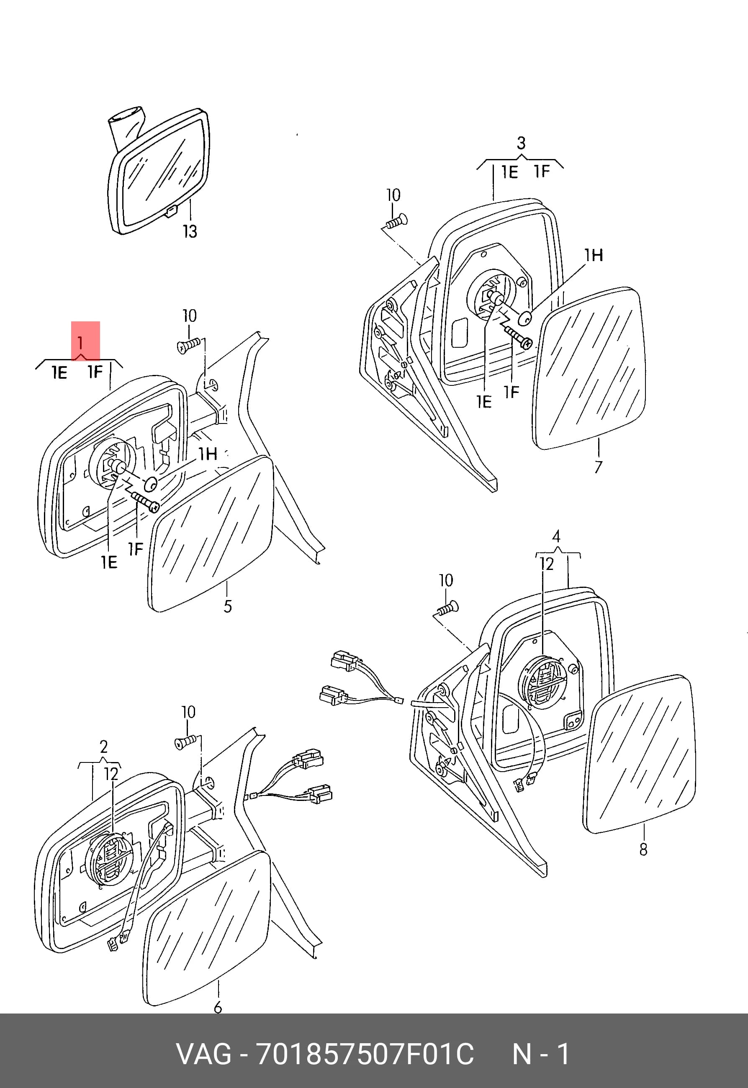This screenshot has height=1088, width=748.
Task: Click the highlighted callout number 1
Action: click(x=81, y=344)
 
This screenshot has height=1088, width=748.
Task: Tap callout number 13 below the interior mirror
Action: click(x=190, y=231)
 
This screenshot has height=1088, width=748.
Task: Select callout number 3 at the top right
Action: click(x=521, y=144)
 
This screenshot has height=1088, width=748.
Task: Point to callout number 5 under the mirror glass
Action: click(x=228, y=606)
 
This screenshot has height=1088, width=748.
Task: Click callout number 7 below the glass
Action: click(x=598, y=467)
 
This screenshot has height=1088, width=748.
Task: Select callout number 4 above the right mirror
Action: click(x=556, y=536)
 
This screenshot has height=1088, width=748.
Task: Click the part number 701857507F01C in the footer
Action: click(x=365, y=1054)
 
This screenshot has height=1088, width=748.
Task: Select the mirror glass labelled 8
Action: click(x=640, y=754)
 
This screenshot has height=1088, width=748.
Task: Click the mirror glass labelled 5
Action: click(x=211, y=534)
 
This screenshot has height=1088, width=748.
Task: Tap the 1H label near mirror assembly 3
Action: click(x=594, y=255)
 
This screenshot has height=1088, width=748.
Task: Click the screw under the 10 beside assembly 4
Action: click(x=448, y=608)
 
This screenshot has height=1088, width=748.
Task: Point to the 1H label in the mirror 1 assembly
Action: click(x=208, y=454)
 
